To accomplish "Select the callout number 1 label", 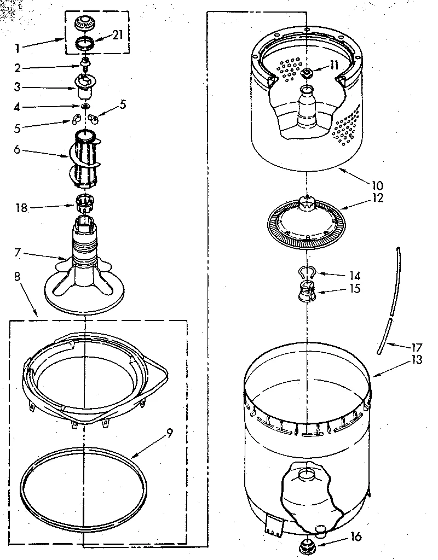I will (x=18, y=48).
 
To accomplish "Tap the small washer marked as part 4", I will (x=85, y=106).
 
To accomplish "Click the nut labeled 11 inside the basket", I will (x=307, y=73).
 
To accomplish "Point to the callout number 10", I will (x=378, y=184).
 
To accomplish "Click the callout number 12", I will (x=377, y=198).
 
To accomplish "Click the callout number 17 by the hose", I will (x=417, y=347).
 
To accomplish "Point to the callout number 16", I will (x=355, y=537).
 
